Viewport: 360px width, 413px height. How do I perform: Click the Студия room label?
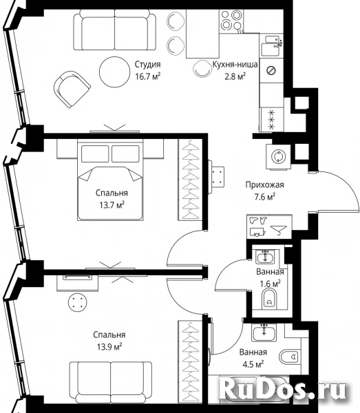[x=147, y=65]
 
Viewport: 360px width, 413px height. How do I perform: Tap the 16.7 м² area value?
[x=148, y=76]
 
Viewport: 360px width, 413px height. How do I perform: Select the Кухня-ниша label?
[x=235, y=64]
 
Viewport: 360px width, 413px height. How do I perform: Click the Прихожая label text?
[x=265, y=184]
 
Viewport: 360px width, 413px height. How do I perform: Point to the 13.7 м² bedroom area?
[x=112, y=205]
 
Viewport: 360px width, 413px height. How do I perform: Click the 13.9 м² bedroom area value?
[x=109, y=347]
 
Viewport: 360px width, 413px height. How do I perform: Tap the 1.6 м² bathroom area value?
[x=270, y=284]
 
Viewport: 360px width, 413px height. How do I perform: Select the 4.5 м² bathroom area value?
[x=253, y=364]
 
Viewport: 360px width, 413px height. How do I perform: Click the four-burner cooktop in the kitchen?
[x=231, y=20]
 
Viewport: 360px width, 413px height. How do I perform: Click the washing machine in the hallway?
[x=278, y=156]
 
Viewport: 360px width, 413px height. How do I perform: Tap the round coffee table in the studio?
[x=114, y=72]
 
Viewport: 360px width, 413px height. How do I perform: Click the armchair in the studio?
[x=72, y=89]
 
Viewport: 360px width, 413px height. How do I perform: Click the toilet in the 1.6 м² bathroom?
[x=269, y=299]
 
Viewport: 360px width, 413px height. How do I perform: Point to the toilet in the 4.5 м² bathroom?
[x=288, y=357]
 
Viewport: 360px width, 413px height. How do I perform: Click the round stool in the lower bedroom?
[x=77, y=301]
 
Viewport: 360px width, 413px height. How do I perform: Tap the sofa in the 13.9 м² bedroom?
[x=111, y=383]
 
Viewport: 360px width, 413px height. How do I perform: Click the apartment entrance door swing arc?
[x=352, y=189]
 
